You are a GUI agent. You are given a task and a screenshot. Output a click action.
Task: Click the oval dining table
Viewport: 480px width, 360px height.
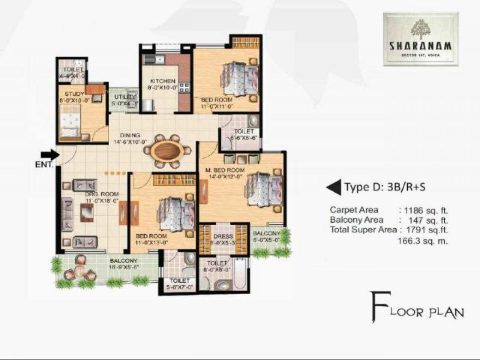[x=168, y=151]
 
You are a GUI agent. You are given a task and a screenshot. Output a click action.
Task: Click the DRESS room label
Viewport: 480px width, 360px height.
[x=224, y=236]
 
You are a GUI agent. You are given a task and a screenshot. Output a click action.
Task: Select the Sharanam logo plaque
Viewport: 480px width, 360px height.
[x=420, y=39]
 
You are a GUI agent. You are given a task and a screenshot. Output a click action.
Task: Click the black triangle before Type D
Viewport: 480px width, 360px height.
[x=334, y=187]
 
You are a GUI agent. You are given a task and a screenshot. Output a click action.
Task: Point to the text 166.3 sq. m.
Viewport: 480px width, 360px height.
[x=422, y=241]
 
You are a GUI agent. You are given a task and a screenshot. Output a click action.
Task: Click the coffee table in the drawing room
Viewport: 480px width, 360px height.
[x=86, y=212]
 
